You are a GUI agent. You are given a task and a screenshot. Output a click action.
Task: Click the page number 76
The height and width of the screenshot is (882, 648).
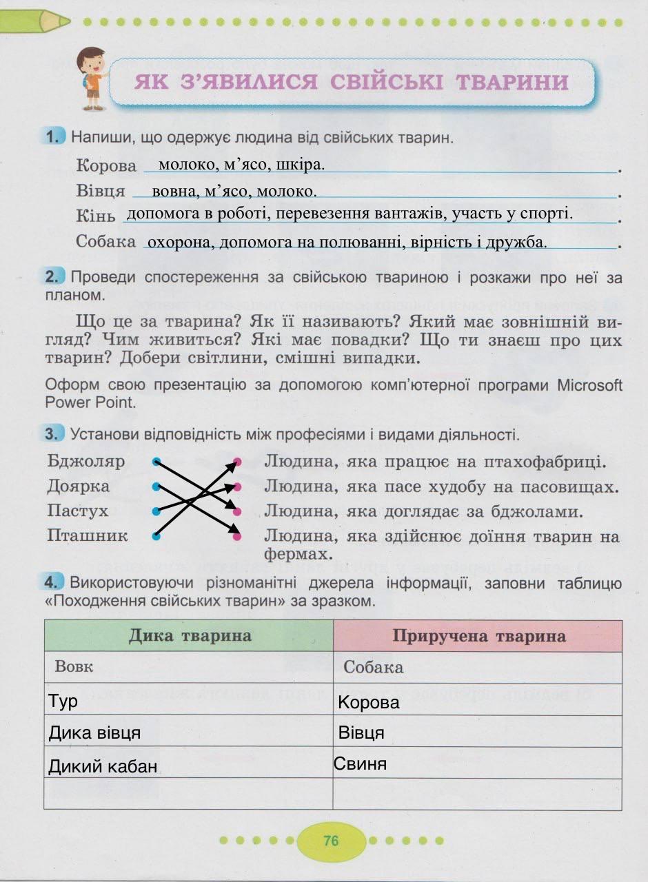[331, 841]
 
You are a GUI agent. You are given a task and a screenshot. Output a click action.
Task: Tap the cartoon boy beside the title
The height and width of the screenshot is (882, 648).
[92, 79]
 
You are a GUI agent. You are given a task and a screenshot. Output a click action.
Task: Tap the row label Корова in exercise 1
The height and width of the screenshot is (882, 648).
[107, 166]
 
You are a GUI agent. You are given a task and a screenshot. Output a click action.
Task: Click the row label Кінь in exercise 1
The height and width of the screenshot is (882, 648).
[96, 216]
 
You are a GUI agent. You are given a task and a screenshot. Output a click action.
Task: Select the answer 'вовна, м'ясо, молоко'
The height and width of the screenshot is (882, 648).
[234, 191]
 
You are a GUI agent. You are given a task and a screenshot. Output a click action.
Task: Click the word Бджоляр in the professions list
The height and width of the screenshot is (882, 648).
[86, 461]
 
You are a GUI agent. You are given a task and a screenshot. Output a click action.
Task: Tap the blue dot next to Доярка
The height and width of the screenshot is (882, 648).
[156, 486]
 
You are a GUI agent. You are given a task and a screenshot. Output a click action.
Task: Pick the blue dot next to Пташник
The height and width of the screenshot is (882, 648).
[156, 535]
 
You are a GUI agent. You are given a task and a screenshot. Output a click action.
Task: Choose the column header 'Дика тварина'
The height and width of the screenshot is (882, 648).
[190, 635]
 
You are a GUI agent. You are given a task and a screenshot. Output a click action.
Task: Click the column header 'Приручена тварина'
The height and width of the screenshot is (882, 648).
[478, 635]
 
